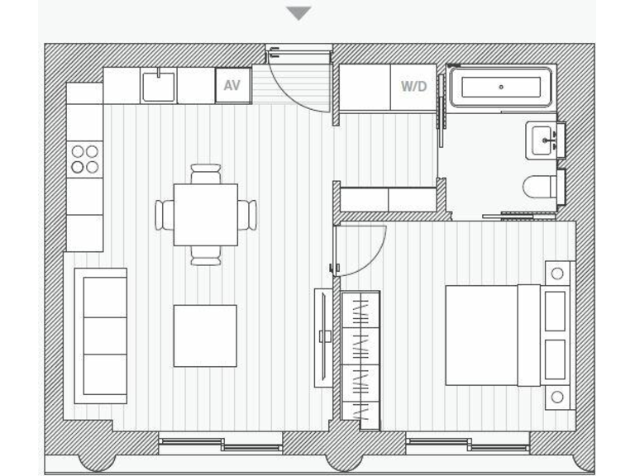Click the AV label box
click(x=232, y=85)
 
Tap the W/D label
click(x=413, y=86)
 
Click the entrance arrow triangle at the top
click(x=298, y=13)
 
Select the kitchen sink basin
click(x=158, y=87)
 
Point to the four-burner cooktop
click(x=84, y=159)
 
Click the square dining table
click(x=206, y=215)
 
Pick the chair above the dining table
click(x=206, y=174)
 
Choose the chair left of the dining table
click(x=164, y=215)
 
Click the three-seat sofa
click(x=101, y=336)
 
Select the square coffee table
click(x=205, y=336)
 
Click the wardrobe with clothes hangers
click(x=360, y=359)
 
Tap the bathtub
click(x=500, y=87)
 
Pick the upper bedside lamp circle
click(x=557, y=274)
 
